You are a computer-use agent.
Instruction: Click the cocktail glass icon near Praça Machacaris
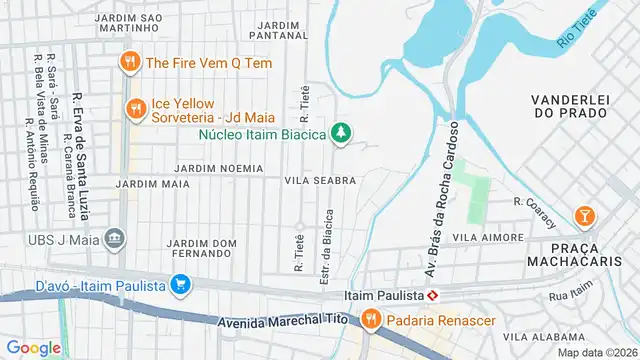click(585, 215)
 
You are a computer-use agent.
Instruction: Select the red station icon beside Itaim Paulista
click(432, 296)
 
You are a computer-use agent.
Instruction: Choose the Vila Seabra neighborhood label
click(321, 180)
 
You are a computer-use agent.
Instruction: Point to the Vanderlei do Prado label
click(571, 107)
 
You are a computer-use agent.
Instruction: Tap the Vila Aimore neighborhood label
click(488, 238)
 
